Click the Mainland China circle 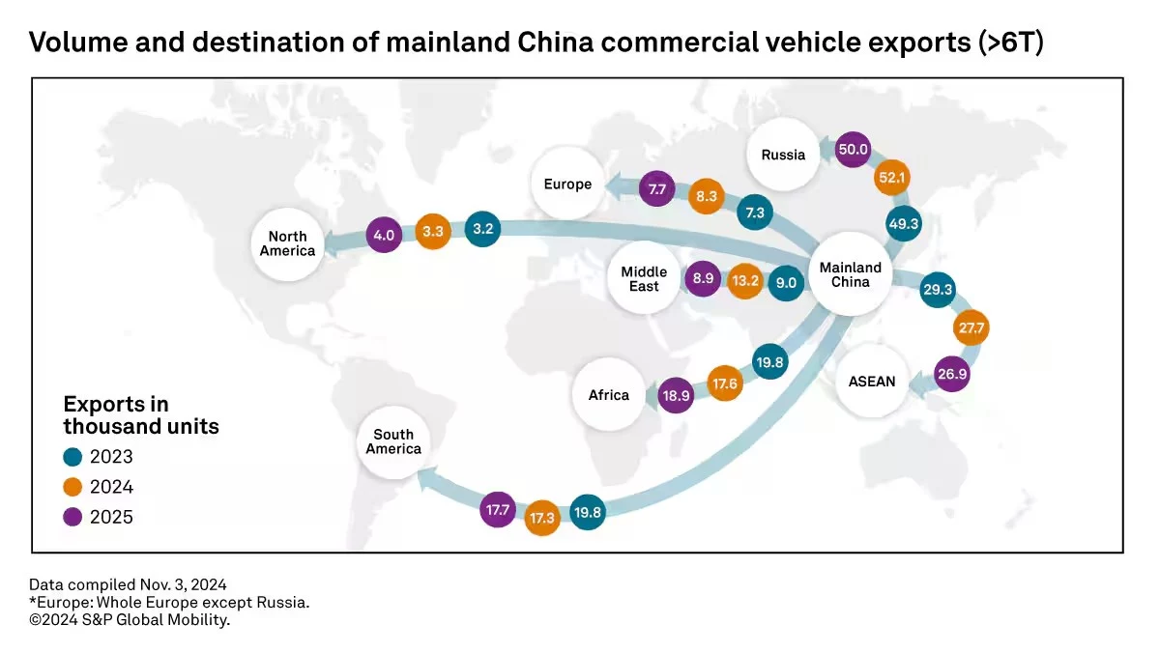click(x=851, y=274)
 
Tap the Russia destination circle click(x=783, y=156)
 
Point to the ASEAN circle click(x=872, y=381)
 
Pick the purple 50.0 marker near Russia click(x=854, y=151)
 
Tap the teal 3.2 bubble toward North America click(x=484, y=230)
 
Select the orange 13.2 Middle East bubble click(x=744, y=282)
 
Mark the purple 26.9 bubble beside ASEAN click(x=951, y=374)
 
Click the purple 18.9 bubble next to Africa click(x=676, y=396)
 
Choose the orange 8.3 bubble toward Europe click(x=706, y=196)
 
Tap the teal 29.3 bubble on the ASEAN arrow click(x=937, y=289)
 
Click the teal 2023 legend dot click(x=72, y=457)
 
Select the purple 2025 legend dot click(x=72, y=517)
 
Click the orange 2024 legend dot click(x=72, y=487)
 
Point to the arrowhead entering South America click(x=423, y=472)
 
